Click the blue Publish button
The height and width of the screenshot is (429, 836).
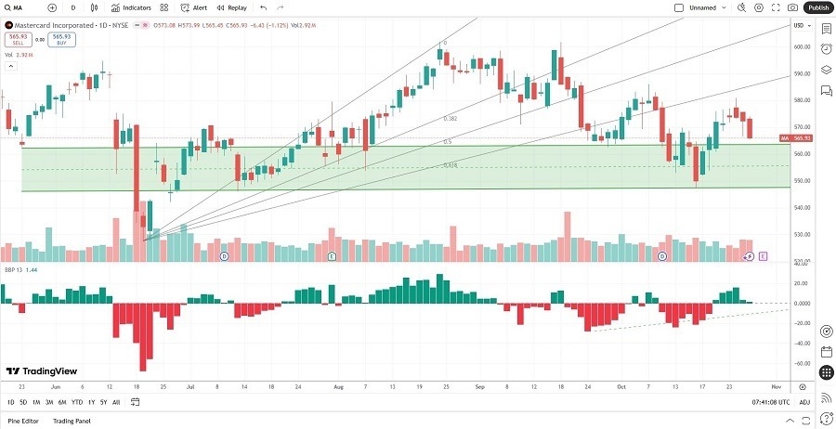point(817,7)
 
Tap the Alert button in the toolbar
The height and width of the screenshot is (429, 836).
point(194,7)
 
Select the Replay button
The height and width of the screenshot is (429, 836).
point(232,7)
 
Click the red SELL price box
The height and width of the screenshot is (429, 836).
point(16,39)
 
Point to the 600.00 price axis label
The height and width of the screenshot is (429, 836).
point(798,46)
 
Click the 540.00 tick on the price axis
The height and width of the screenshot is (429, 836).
point(798,207)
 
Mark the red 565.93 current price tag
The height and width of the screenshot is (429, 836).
point(798,138)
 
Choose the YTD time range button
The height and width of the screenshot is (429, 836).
point(76,402)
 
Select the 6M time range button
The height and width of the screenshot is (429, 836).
point(61,402)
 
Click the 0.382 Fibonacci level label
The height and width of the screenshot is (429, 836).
point(450,119)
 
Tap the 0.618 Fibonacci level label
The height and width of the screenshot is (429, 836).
point(450,164)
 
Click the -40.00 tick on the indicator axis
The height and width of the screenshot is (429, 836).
point(798,341)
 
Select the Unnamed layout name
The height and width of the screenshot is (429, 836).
point(702,7)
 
